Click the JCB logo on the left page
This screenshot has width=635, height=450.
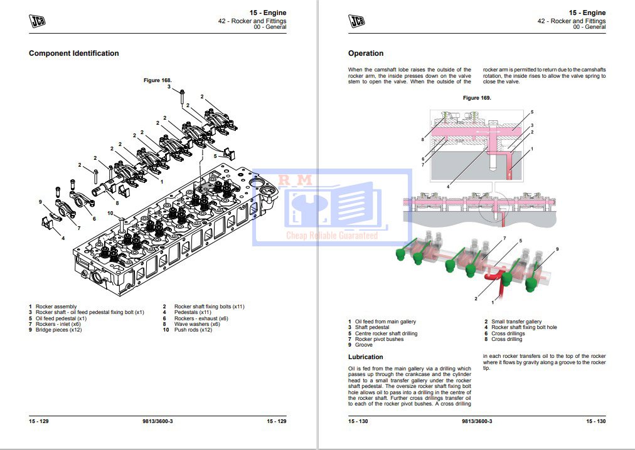pos(38,21)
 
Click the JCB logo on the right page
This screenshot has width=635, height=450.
pos(357,21)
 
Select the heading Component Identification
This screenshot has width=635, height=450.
pos(73,53)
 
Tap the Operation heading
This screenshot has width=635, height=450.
pos(366,53)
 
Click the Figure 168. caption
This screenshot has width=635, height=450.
pos(157,80)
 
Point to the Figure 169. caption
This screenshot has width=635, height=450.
pos(477,98)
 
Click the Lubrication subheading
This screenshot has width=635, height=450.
pos(366,357)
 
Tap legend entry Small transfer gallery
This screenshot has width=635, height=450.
pos(516,322)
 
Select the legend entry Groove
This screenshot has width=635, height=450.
pos(363,345)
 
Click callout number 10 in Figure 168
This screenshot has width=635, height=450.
pos(110,213)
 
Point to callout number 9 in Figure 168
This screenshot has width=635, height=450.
pos(40,202)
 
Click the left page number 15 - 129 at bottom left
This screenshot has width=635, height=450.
pos(39,421)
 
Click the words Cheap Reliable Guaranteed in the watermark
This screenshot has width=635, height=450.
pos(332,236)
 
